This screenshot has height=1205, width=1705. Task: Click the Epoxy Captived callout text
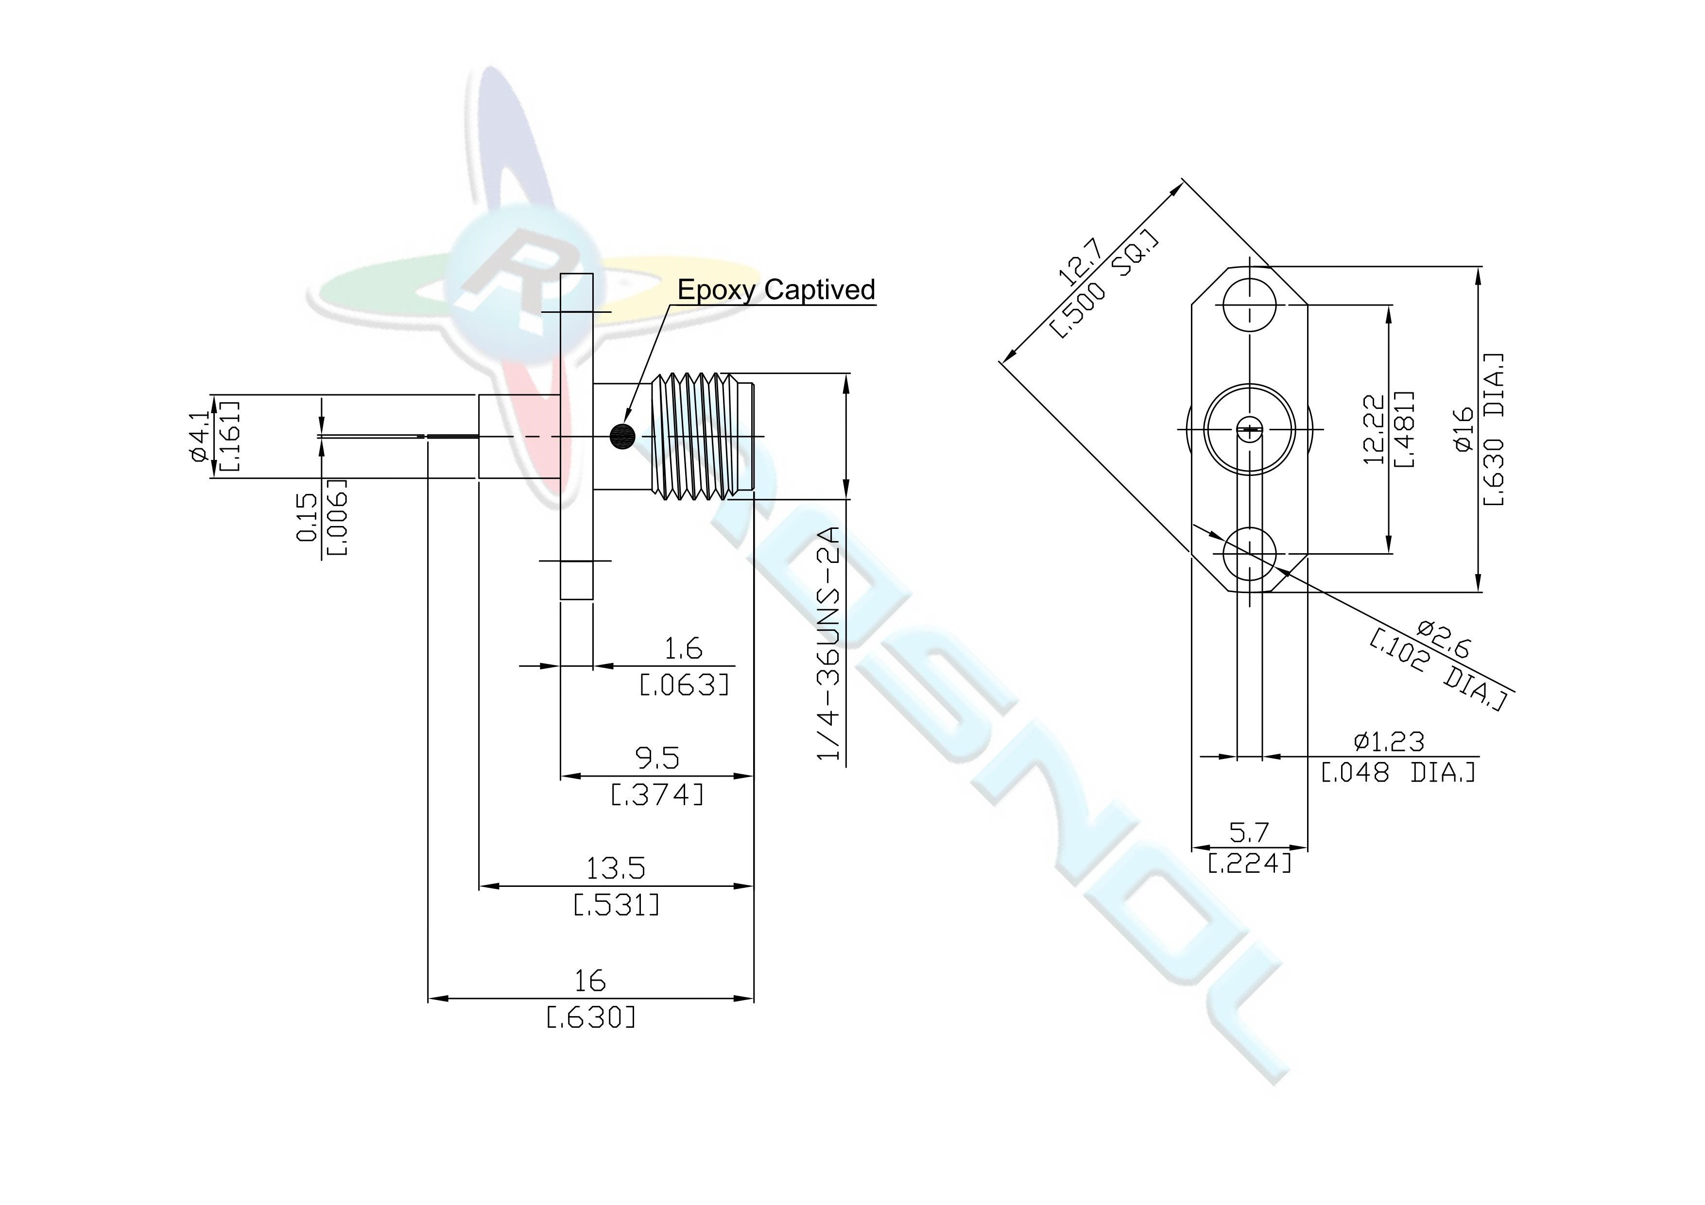click(776, 289)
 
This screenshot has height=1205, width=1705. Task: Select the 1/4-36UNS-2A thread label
click(829, 644)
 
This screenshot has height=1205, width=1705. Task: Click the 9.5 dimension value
click(658, 758)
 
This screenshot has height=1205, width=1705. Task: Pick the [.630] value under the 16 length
click(591, 1017)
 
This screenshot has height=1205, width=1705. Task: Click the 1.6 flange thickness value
click(683, 649)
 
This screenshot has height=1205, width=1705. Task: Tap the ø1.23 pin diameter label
click(1389, 741)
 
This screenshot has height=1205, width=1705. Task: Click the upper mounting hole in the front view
click(1250, 305)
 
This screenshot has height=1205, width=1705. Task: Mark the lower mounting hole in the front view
click(1250, 554)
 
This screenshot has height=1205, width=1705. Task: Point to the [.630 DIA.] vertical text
click(1493, 429)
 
